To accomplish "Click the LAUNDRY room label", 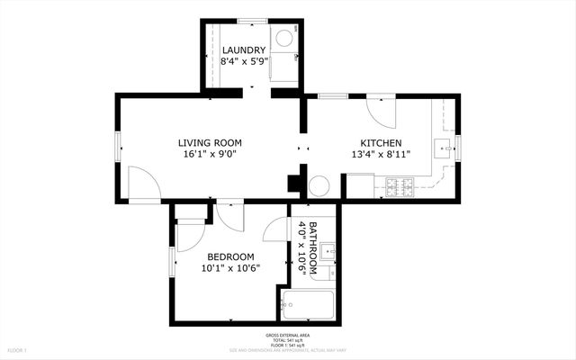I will pos(244,50).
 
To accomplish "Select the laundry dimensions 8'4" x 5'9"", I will pos(244,63).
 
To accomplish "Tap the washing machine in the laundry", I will pos(283,38).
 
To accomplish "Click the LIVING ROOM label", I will pos(210,142).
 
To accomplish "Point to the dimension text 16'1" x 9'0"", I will pos(210,155).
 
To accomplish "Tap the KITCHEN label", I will pos(381,143).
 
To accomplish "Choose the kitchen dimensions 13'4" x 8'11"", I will pos(381,155).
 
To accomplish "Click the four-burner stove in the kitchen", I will pos(400,187).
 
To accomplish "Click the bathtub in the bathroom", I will pos(308,307).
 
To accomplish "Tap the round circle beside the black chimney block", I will pos(319,186).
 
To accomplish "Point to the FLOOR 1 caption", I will pos(18,349).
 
